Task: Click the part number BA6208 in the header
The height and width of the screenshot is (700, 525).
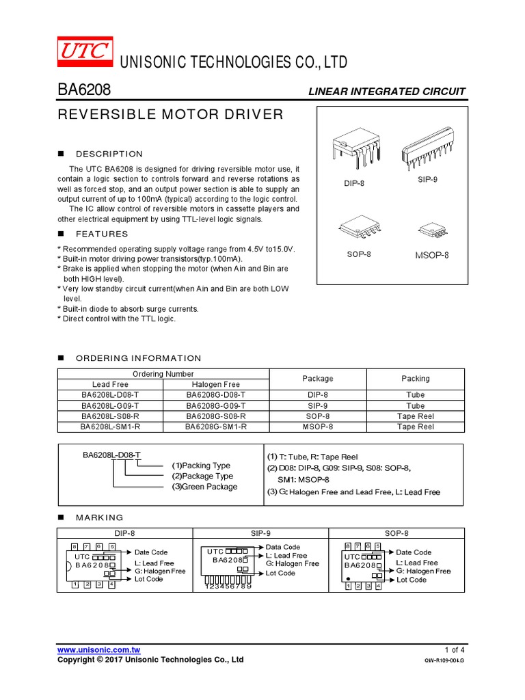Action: click(x=84, y=91)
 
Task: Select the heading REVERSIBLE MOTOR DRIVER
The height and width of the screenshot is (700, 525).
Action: click(x=170, y=114)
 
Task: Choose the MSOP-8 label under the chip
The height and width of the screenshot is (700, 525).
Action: click(x=432, y=255)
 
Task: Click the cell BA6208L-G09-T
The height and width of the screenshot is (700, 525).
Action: click(x=110, y=405)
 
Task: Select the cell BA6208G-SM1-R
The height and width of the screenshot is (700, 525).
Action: click(x=216, y=427)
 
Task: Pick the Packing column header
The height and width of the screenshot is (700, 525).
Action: click(x=415, y=379)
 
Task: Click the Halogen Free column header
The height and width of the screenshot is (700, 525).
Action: click(x=216, y=384)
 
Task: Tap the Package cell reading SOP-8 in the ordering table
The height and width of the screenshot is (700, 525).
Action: click(x=318, y=416)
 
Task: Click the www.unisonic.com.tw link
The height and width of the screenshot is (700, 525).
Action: click(x=98, y=649)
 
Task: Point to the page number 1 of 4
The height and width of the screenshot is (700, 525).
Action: click(x=454, y=649)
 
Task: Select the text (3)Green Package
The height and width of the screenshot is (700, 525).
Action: click(x=204, y=487)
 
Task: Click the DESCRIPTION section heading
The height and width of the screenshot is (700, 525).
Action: click(x=109, y=154)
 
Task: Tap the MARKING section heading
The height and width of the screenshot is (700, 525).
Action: click(x=100, y=517)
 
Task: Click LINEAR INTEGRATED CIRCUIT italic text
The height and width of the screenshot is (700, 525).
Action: click(x=386, y=92)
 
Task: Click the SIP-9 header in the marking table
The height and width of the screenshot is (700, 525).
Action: click(x=260, y=533)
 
